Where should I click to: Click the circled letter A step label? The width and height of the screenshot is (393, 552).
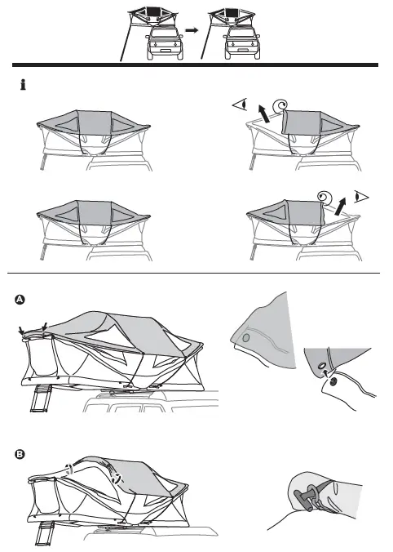pyautogui.click(x=20, y=300)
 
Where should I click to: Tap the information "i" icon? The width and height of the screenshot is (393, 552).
pyautogui.click(x=22, y=85)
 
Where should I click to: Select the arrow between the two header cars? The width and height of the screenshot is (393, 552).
pyautogui.click(x=192, y=28)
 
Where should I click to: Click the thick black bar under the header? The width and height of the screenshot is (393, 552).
pyautogui.click(x=196, y=64)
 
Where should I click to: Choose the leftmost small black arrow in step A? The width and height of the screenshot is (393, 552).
pyautogui.click(x=20, y=330)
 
